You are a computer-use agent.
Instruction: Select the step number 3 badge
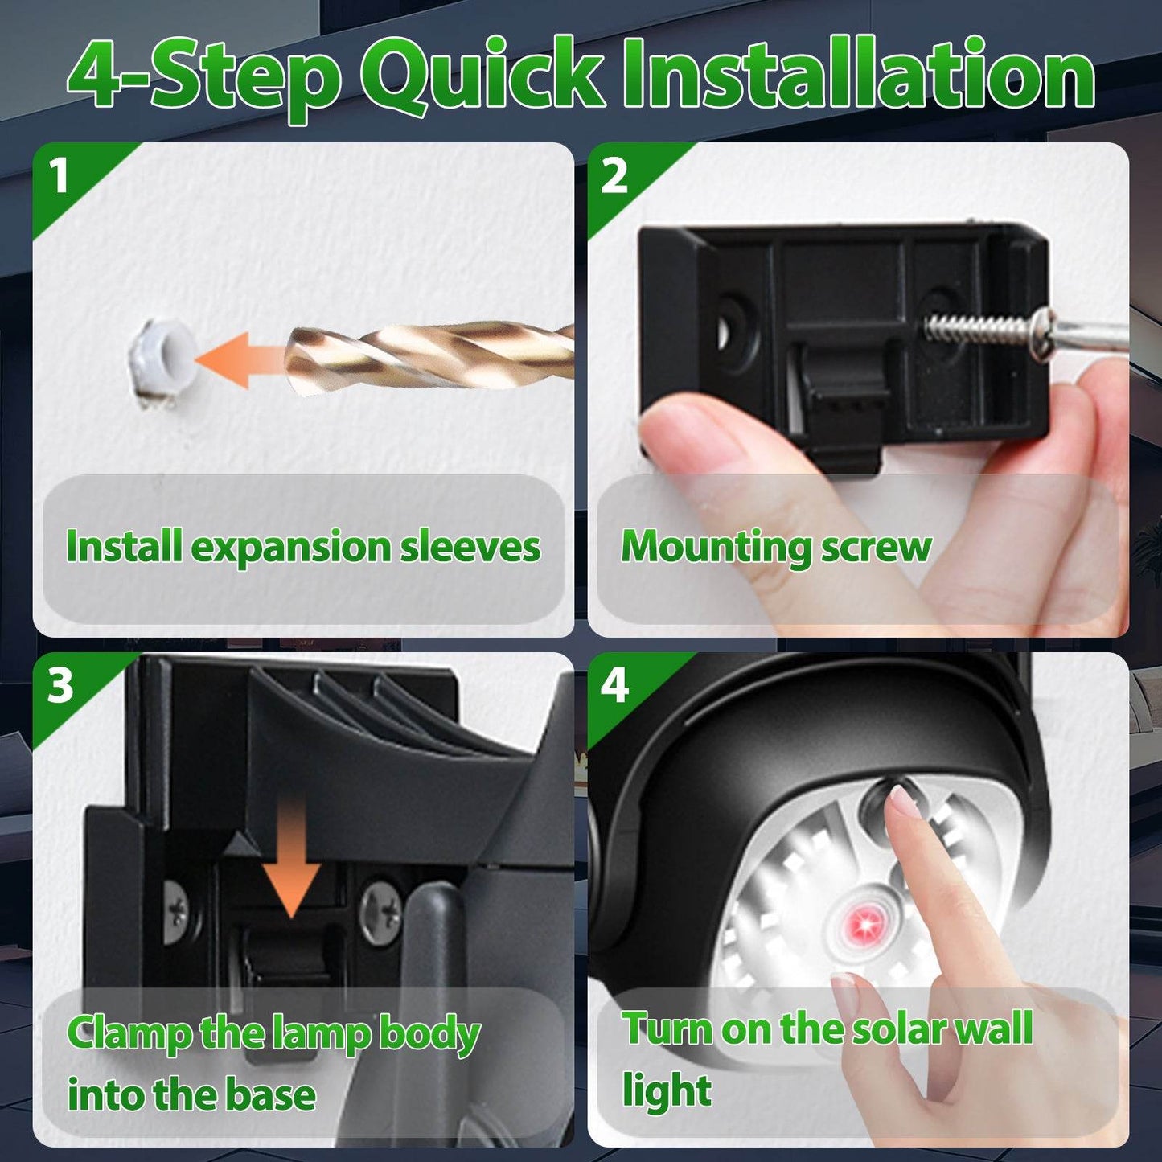(x=60, y=686)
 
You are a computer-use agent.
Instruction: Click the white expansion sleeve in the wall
(x=161, y=356)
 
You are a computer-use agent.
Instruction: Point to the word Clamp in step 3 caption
(x=129, y=1034)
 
